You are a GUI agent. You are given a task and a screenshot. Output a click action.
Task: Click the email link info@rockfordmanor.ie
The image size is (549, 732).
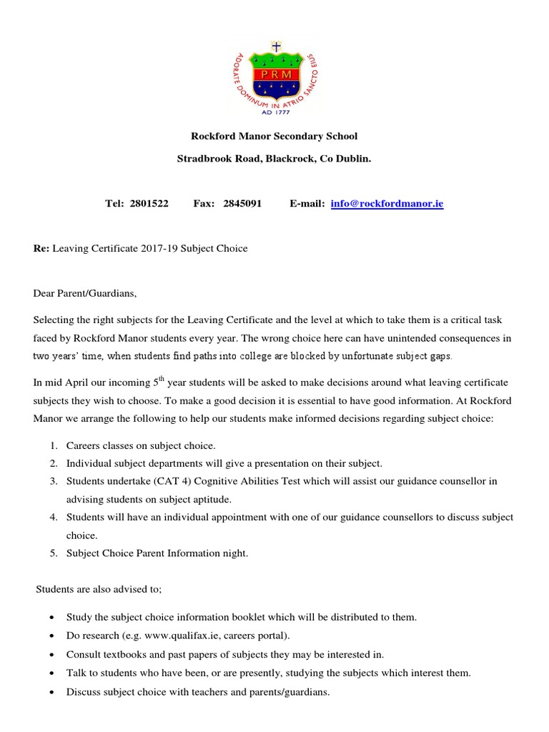click(387, 204)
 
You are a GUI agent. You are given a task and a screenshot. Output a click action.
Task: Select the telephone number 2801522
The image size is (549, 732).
click(149, 204)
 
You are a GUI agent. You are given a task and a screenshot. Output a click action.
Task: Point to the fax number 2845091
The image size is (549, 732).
click(243, 204)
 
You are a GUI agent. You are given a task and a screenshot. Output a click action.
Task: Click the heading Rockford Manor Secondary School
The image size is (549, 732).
click(274, 136)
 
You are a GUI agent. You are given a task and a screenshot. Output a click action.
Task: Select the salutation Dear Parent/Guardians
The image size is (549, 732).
click(84, 293)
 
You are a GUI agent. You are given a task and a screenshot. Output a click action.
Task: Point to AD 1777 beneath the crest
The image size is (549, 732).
click(274, 111)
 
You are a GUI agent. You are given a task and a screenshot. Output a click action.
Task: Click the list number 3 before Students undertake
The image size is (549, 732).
click(54, 481)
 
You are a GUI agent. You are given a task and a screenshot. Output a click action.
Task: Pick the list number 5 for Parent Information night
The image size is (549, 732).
click(54, 553)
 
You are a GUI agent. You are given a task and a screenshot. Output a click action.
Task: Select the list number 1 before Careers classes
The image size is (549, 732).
click(54, 445)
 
